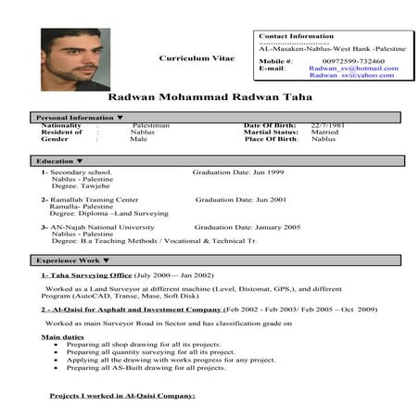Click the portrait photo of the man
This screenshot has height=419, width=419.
75,58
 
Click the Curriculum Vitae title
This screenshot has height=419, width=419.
192,57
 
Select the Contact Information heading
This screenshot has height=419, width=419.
296,36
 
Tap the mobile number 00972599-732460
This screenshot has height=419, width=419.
352,61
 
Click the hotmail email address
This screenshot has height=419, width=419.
353,68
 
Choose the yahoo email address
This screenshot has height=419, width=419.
352,75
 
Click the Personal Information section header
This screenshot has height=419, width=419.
78,118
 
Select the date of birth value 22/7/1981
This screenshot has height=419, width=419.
327,124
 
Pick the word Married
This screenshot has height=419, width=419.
324,132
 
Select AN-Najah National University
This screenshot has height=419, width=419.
103,226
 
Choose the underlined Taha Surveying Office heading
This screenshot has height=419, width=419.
86,275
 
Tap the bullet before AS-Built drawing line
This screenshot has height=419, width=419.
57,367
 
